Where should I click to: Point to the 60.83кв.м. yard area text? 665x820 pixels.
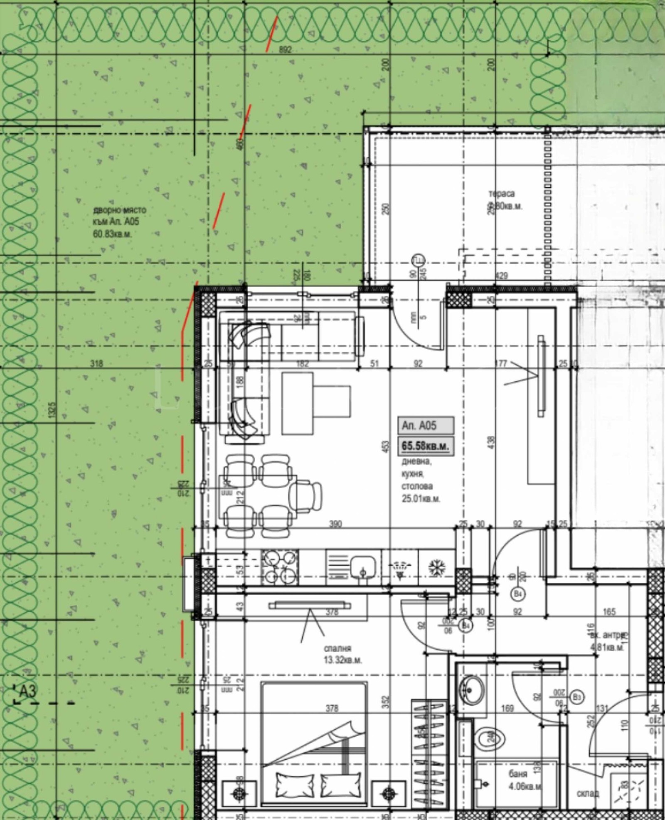coord(113,234)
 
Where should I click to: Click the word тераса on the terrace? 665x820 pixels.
coord(501,194)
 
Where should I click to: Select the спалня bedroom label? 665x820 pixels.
coord(337,648)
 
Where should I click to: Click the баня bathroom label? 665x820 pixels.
coord(518,774)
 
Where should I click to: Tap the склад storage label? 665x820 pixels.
coord(588,793)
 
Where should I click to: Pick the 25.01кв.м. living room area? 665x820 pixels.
coord(421,499)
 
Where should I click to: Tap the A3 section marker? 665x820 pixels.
coord(28,691)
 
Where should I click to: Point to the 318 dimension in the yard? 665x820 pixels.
coord(96,364)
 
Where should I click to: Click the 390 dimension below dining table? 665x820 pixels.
coord(335,524)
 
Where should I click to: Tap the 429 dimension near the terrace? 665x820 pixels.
coord(502,275)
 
